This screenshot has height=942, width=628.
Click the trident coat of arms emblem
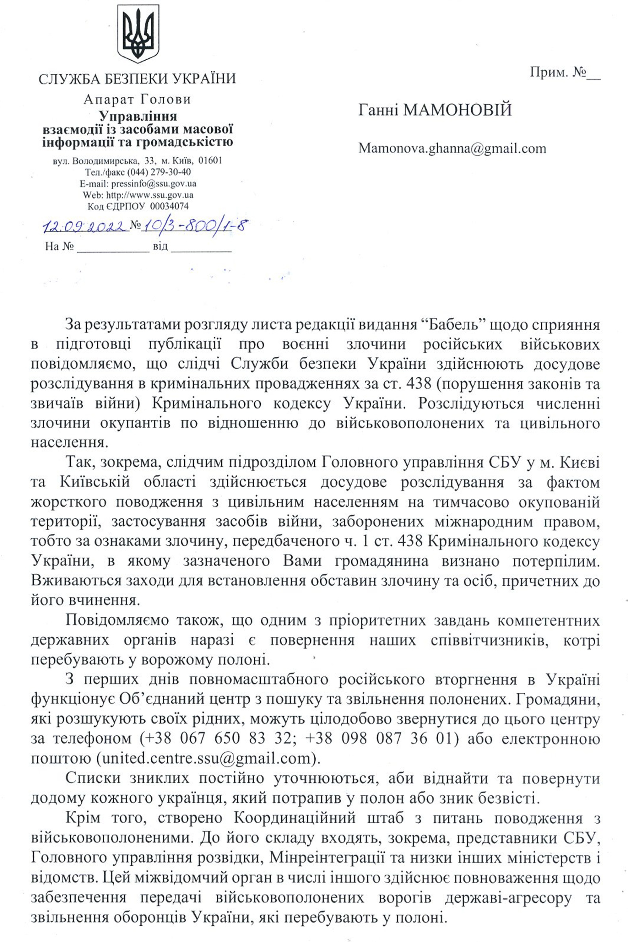(138, 34)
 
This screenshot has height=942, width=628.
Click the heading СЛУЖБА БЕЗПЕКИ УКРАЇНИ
(137, 78)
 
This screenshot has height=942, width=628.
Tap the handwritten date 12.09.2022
(86, 227)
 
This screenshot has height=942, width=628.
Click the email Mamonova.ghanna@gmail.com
(452, 149)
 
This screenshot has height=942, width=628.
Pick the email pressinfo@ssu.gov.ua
(154, 184)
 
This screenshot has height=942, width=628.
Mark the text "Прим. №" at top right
(559, 73)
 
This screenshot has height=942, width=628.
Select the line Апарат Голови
(137, 99)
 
